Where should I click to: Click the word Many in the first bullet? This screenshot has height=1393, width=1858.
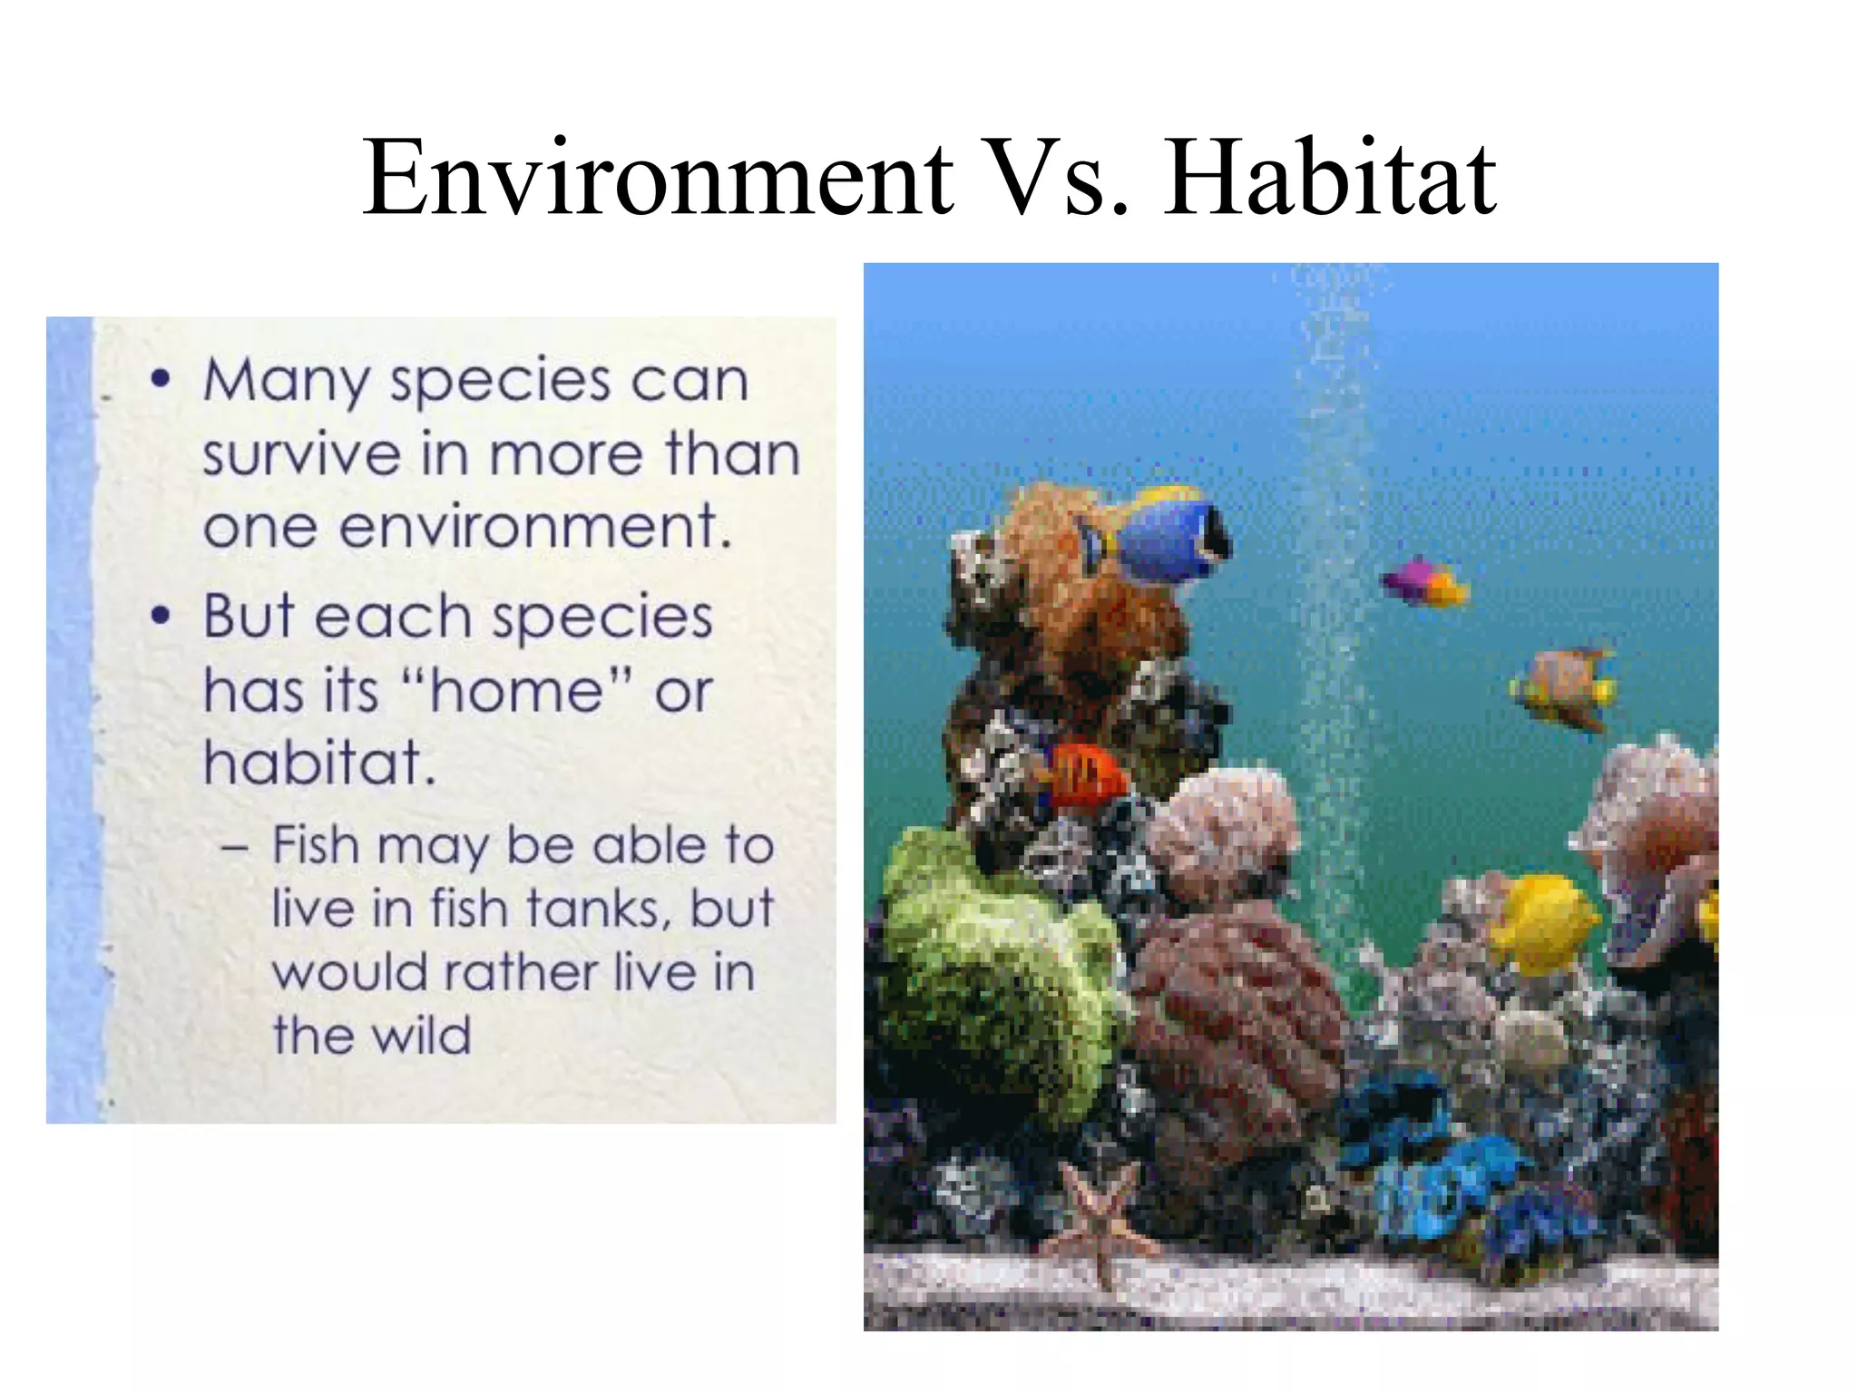click(286, 381)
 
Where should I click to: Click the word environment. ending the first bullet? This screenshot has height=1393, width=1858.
click(535, 528)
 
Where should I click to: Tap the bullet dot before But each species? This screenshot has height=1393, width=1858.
click(161, 616)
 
